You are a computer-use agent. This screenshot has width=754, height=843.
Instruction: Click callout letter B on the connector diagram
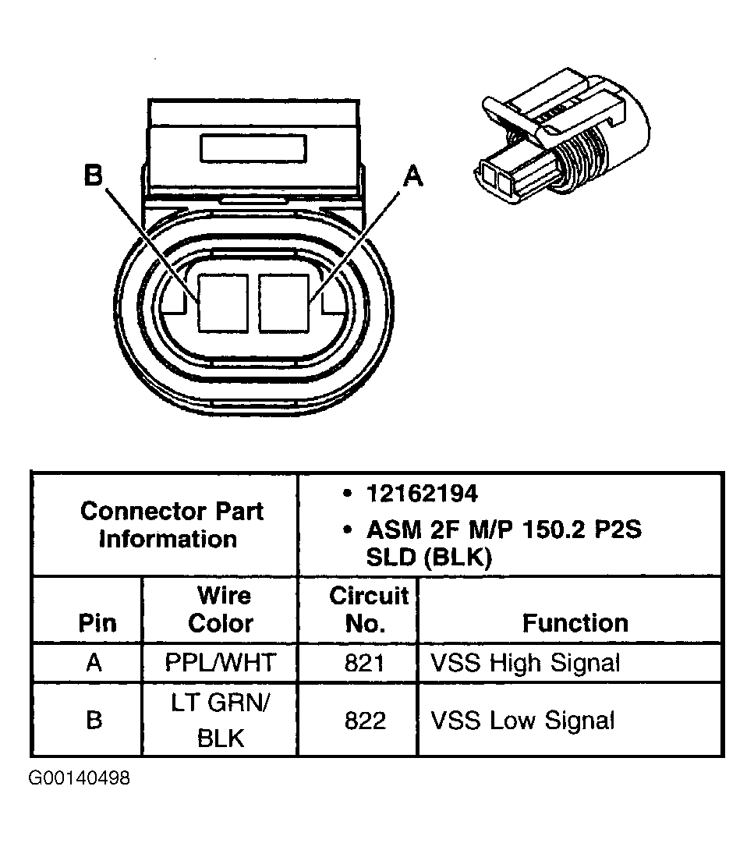(94, 177)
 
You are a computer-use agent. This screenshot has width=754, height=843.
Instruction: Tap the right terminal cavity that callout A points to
(285, 303)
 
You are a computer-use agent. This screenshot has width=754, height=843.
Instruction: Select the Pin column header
(97, 623)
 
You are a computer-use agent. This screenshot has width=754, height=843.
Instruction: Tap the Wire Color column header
(221, 610)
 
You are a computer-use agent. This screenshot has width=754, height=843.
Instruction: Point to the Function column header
(575, 623)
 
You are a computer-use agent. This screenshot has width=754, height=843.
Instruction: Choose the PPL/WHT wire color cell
(221, 663)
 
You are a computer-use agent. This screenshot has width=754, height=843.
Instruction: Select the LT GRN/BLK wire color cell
(221, 720)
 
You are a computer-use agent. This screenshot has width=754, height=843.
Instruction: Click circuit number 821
(365, 663)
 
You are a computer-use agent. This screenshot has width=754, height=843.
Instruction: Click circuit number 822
(365, 721)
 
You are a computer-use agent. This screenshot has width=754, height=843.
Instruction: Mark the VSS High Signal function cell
(525, 663)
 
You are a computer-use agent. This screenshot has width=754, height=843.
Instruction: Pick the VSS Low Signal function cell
(522, 721)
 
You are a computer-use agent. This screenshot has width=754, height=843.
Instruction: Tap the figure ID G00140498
(80, 779)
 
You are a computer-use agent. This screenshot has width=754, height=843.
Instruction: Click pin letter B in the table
(94, 720)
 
